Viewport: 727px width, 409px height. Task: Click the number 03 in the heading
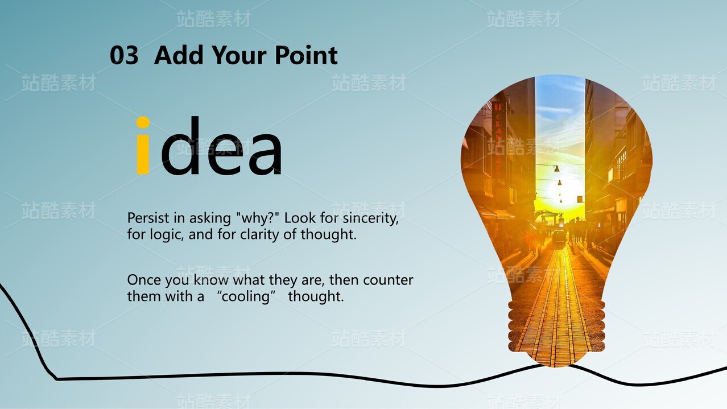tap(124, 55)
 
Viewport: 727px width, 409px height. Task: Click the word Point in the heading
tap(307, 55)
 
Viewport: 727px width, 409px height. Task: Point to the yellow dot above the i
tap(143, 122)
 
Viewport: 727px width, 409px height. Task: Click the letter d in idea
tap(180, 146)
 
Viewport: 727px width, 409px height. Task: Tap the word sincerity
tap(371, 218)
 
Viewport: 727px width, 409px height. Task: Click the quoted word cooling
tap(246, 296)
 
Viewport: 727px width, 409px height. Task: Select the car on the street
tap(559, 236)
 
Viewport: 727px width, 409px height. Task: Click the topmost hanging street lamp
tap(556, 169)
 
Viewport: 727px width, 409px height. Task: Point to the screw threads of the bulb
tap(556, 325)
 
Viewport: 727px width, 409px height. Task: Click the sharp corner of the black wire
tap(57, 379)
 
